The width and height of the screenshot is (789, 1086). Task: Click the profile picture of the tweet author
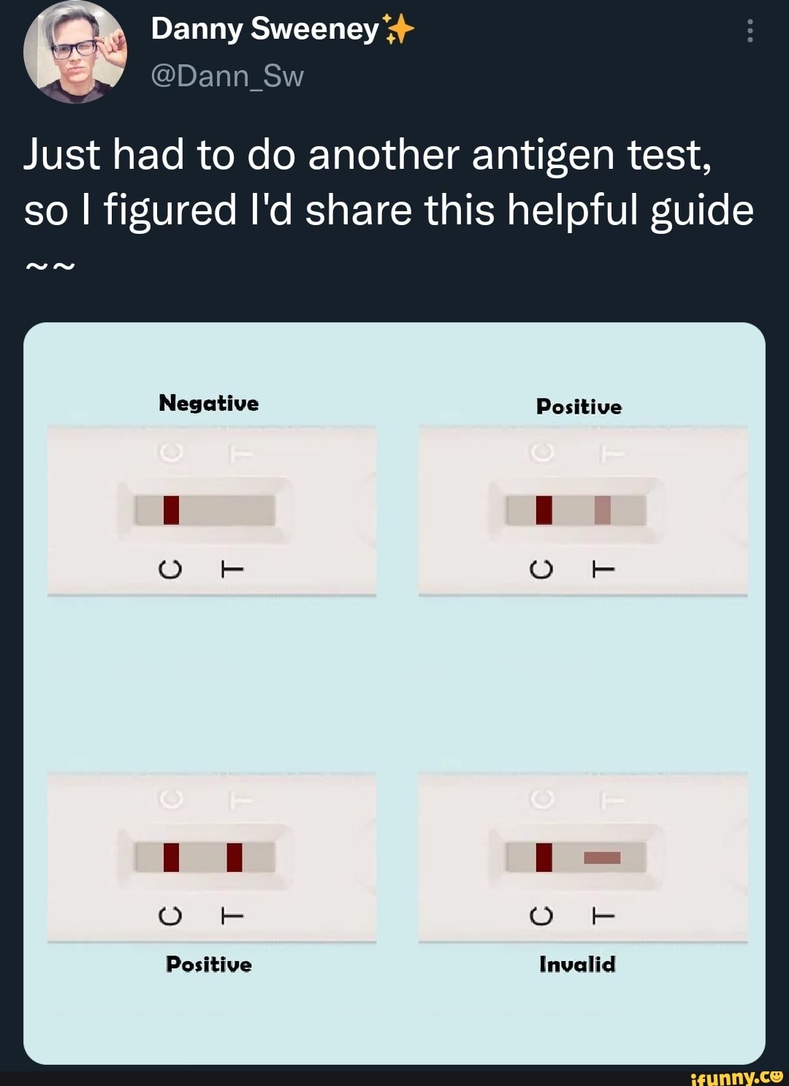[75, 53]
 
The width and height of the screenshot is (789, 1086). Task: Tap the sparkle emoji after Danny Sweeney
[398, 30]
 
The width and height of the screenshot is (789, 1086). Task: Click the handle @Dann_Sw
[226, 76]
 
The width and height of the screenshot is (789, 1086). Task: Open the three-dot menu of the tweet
[750, 31]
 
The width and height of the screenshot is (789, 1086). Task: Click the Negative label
[209, 403]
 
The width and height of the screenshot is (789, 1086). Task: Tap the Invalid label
[577, 965]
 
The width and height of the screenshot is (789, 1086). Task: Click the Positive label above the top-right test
[579, 407]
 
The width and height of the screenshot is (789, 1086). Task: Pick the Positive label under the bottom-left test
[209, 965]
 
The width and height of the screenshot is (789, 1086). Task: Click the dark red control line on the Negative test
[171, 510]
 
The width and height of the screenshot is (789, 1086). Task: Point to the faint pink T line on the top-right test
[602, 510]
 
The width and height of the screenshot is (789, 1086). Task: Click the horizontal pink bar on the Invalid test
[602, 857]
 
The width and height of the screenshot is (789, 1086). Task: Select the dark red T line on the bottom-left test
[235, 857]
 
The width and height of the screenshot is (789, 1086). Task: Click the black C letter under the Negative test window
[169, 569]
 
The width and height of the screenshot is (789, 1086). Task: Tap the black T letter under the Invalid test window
[603, 915]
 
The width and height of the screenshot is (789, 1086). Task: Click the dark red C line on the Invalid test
[544, 857]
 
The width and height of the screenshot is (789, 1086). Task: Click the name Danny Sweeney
[264, 30]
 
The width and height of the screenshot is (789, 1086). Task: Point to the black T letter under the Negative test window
[232, 569]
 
